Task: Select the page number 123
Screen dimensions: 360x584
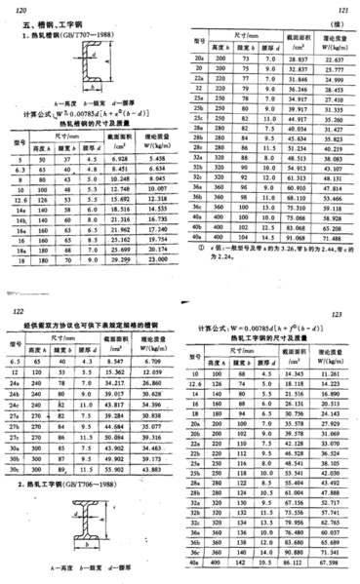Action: coord(344,315)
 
